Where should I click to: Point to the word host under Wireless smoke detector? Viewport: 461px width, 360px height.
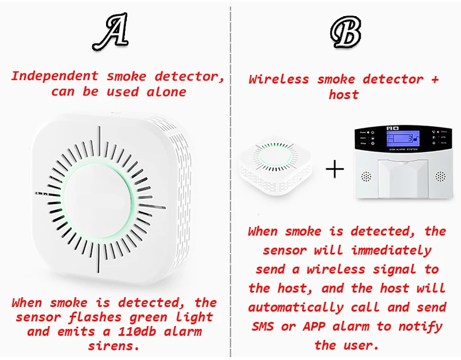coord(343,94)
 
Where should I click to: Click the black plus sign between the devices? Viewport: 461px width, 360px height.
coord(334,169)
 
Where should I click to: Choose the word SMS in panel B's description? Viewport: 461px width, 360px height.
coord(263,326)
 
